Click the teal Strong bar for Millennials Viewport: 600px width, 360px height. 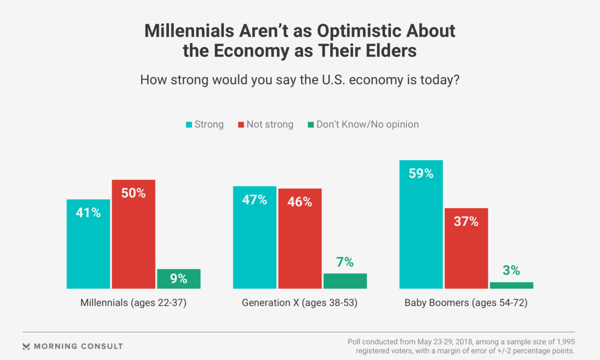[88, 243]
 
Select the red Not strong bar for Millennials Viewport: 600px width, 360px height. [133, 234]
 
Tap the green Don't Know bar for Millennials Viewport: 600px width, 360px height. [178, 279]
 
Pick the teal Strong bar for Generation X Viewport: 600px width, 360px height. [254, 237]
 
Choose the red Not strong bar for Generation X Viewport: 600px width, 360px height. [300, 238]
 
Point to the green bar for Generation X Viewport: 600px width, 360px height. [345, 281]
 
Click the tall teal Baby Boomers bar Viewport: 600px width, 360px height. [421, 224]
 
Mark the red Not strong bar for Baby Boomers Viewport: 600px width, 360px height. [466, 248]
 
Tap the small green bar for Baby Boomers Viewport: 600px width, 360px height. [511, 285]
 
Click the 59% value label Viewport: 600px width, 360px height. [421, 173]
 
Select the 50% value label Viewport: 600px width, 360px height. [133, 193]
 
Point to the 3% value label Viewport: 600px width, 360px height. [511, 271]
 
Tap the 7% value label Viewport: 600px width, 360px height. [345, 262]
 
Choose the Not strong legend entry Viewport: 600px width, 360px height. [265, 124]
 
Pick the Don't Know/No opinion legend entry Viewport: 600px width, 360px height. [363, 124]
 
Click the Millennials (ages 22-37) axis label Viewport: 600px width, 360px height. [133, 303]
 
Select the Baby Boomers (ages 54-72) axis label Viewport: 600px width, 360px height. [466, 303]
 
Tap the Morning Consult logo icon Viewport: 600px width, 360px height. [26, 346]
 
